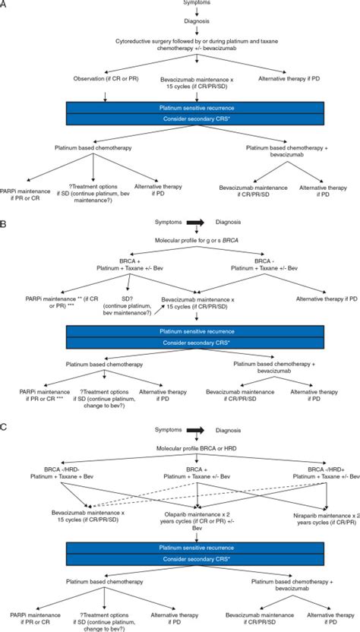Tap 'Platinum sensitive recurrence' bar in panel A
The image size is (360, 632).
(x=180, y=109)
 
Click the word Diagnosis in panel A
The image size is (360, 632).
(x=180, y=22)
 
